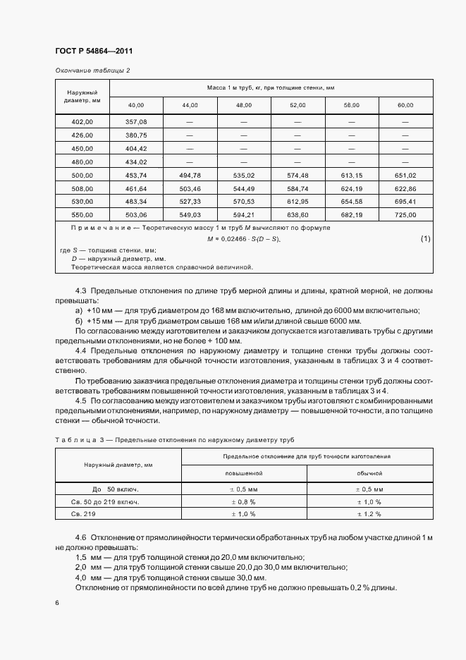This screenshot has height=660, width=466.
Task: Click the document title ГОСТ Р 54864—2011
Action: tap(93, 51)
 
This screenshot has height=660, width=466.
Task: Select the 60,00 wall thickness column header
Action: tap(405, 105)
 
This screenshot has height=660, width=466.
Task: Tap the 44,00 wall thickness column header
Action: tap(190, 105)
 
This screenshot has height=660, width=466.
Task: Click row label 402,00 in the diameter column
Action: tap(82, 122)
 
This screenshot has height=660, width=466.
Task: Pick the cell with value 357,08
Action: tap(136, 122)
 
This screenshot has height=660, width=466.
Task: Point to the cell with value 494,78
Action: tap(190, 176)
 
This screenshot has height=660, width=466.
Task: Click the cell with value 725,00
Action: tap(405, 214)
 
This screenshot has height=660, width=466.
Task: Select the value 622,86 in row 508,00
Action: tap(405, 188)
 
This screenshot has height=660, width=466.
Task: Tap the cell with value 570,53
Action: tap(243, 202)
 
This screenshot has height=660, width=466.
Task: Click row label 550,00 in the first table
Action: tap(82, 214)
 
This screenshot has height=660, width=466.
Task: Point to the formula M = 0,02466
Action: tap(243, 240)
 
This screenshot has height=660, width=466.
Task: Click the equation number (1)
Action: tap(425, 239)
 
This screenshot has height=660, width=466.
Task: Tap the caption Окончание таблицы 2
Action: tap(92, 71)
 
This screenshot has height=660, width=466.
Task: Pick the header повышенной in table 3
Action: tap(244, 474)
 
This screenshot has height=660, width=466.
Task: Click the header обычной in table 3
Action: tap(369, 474)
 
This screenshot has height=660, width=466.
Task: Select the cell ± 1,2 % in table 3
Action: tap(369, 514)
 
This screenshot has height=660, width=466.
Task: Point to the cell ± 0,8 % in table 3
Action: tap(244, 501)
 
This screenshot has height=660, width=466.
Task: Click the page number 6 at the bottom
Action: tap(56, 603)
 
